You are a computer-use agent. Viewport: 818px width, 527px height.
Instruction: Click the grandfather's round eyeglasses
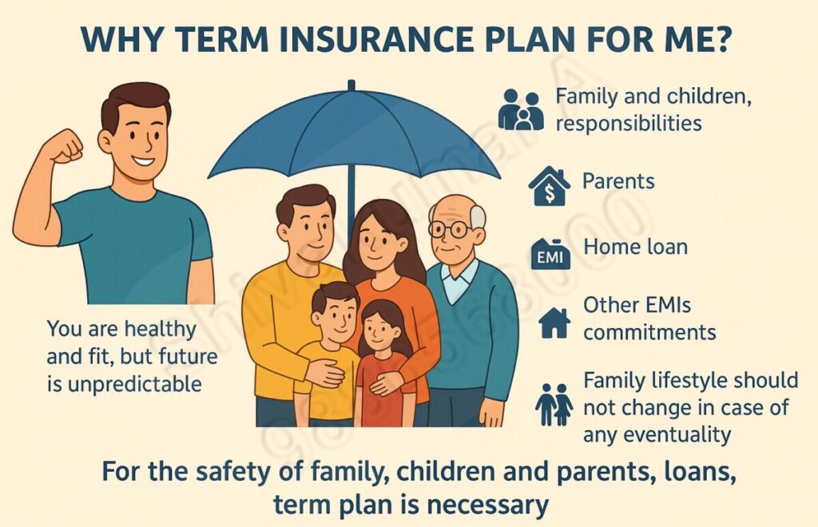point(449,230)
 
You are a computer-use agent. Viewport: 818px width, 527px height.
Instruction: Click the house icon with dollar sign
point(550,186)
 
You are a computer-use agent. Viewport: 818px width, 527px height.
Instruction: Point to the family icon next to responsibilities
point(521,110)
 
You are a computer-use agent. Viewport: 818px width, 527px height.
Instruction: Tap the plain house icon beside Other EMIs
point(554,322)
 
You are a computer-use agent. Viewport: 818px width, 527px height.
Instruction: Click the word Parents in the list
point(618,181)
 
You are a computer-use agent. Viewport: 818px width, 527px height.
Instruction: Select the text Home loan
point(635,247)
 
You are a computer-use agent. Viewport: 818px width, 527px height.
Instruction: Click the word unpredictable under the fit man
point(134,384)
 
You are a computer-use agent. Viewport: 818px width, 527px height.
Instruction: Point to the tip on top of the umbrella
point(351,85)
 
